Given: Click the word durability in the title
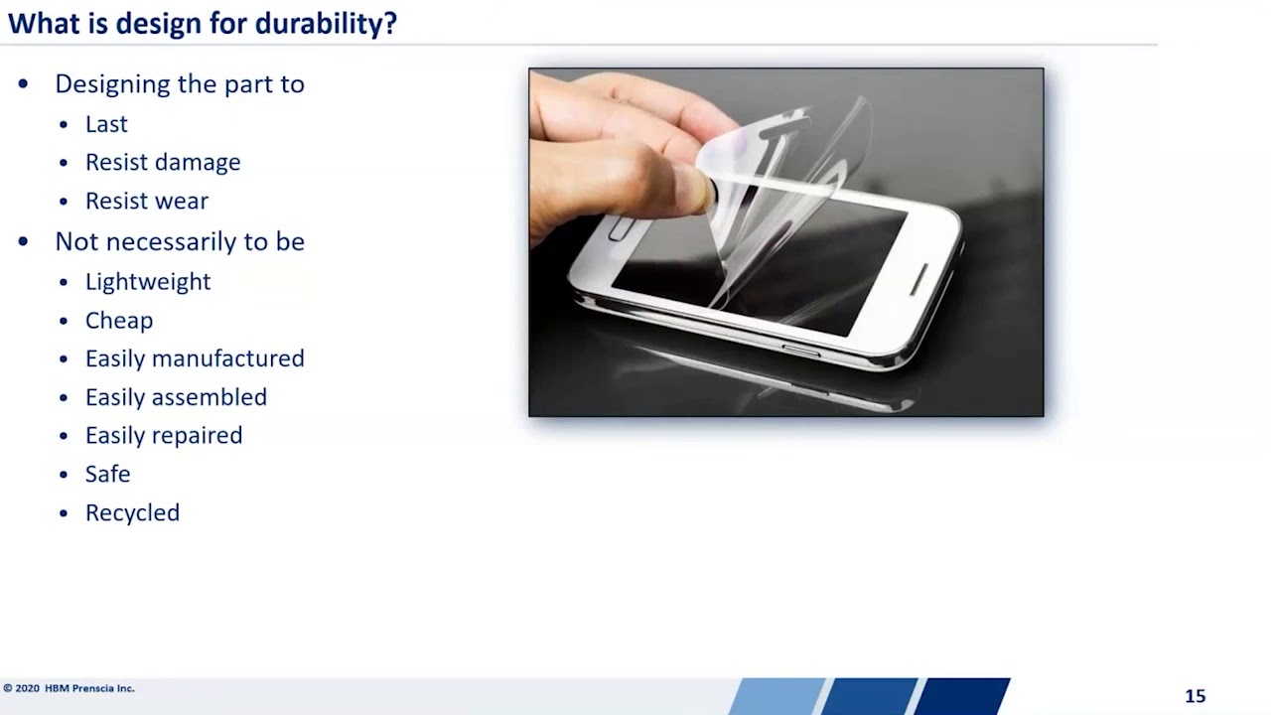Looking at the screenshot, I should coord(326,24).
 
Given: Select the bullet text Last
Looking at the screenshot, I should coord(106,124).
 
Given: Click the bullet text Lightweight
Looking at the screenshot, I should coord(148,282).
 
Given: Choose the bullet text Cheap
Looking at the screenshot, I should coord(119,321).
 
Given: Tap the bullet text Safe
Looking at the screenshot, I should coord(107,475).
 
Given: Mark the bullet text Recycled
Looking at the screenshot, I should coord(132,513).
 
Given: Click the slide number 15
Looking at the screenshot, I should coord(1195,696).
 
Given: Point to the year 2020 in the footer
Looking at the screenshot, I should coord(28,688).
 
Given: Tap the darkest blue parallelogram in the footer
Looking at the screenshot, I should coord(961,696).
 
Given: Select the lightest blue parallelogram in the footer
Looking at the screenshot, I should coord(777,696).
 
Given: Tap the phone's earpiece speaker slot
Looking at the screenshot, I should coord(919,279).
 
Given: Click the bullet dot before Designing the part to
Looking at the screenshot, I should coord(24,84).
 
